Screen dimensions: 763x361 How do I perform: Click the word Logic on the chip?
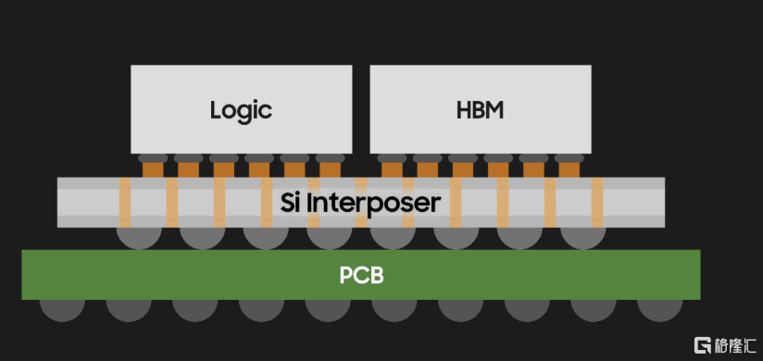tap(241, 111)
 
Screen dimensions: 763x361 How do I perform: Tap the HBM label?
tap(480, 110)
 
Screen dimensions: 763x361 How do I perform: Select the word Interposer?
tap(375, 203)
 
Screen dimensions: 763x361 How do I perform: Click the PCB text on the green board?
tap(361, 275)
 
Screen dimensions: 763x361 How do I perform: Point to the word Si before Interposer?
tap(291, 202)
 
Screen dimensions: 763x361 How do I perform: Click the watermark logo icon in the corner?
tap(700, 345)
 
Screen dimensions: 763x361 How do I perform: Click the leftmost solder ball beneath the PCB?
tap(62, 310)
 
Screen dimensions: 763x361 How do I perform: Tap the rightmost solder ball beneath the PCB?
tap(660, 310)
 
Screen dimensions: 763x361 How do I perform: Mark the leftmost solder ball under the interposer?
tap(139, 238)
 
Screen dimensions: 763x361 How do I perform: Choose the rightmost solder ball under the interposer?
tap(583, 238)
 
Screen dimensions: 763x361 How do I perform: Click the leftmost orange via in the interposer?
tap(125, 203)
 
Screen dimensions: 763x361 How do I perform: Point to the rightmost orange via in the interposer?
tap(597, 203)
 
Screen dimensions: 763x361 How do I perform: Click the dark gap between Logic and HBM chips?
tap(361, 109)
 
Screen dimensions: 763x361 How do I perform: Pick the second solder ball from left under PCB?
tap(129, 310)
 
